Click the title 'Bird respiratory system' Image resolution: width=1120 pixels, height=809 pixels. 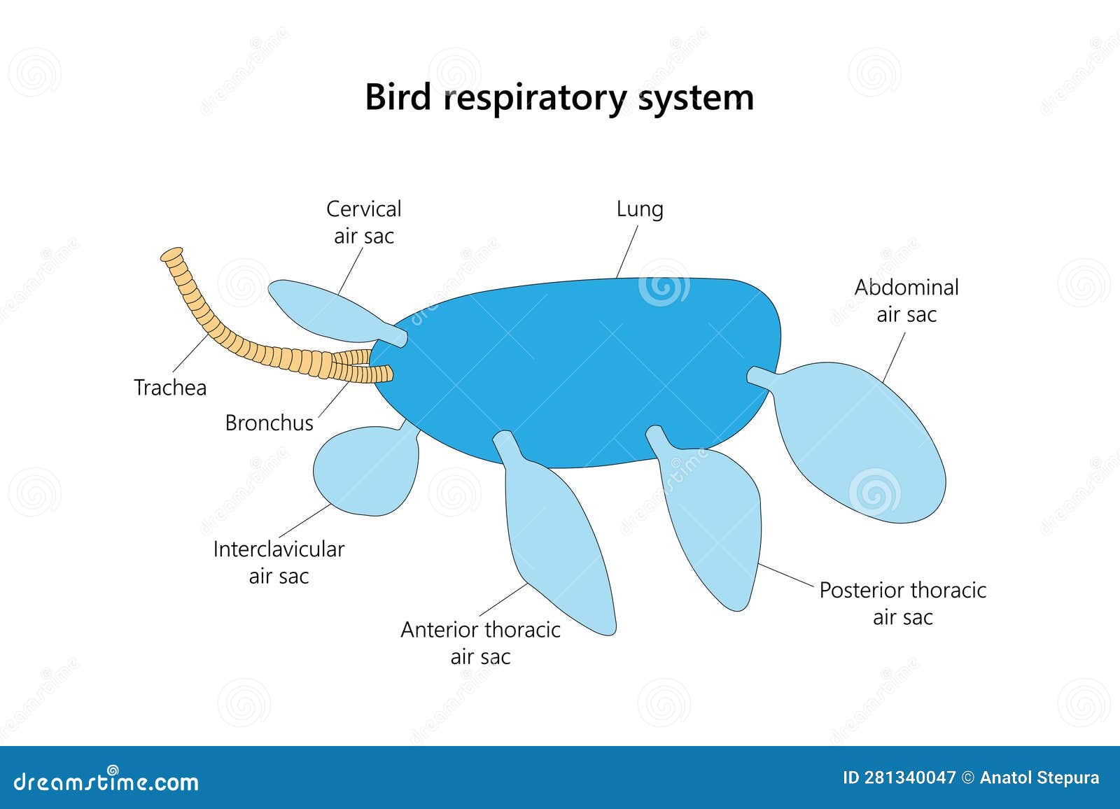click(559, 97)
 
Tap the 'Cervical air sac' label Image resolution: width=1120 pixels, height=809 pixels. click(364, 223)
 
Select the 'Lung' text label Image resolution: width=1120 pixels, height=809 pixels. click(640, 209)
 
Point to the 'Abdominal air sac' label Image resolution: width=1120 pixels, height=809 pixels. click(906, 301)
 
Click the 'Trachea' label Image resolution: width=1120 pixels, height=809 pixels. click(170, 388)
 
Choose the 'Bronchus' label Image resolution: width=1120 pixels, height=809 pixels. click(269, 423)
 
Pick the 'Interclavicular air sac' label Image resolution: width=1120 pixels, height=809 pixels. click(279, 563)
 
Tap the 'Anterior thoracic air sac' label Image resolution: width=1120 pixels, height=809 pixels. click(480, 642)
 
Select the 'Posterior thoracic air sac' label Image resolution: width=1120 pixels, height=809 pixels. click(902, 603)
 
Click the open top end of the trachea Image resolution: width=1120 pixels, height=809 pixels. click(171, 255)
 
